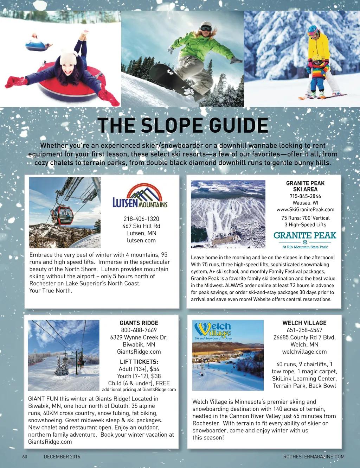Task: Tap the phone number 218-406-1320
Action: pyautogui.click(x=141, y=219)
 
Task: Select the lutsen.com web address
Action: pyautogui.click(x=141, y=241)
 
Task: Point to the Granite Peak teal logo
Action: pyautogui.click(x=305, y=239)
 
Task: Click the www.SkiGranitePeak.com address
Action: pyautogui.click(x=305, y=210)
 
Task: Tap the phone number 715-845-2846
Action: pyautogui.click(x=305, y=196)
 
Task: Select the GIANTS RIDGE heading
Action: pyautogui.click(x=139, y=323)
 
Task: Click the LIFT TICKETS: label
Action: pyautogui.click(x=139, y=362)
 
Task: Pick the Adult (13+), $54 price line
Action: pyautogui.click(x=139, y=369)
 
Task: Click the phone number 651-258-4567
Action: pyautogui.click(x=304, y=330)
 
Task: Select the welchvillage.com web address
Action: pyautogui.click(x=304, y=352)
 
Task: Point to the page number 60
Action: pyautogui.click(x=25, y=457)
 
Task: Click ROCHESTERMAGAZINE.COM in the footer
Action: pyautogui.click(x=314, y=457)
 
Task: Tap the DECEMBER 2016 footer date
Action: pyautogui.click(x=62, y=457)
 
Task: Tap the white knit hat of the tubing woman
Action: pyautogui.click(x=68, y=56)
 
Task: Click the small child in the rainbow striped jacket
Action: pyautogui.click(x=319, y=77)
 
